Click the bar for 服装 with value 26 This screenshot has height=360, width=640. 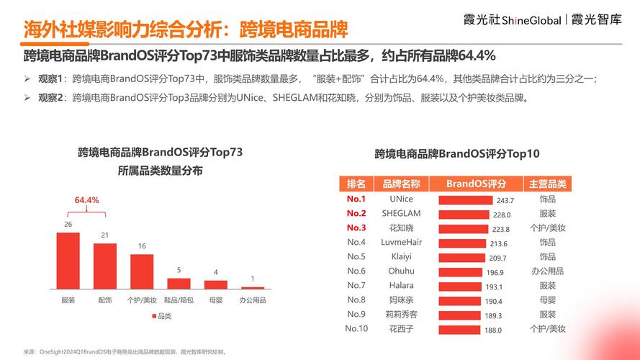pyautogui.click(x=68, y=261)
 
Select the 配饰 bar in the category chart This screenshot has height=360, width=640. pyautogui.click(x=104, y=266)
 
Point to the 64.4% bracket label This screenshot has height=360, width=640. pyautogui.click(x=86, y=200)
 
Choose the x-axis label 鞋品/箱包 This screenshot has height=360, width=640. pyautogui.click(x=179, y=300)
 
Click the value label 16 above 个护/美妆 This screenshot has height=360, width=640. pyautogui.click(x=142, y=246)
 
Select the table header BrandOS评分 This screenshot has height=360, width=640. pyautogui.click(x=476, y=184)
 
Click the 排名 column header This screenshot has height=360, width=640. pyautogui.click(x=356, y=184)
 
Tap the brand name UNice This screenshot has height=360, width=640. pyautogui.click(x=401, y=199)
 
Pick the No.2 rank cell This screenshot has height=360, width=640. pyautogui.click(x=356, y=213)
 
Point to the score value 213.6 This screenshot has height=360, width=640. pyautogui.click(x=499, y=243)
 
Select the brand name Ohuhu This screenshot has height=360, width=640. pyautogui.click(x=401, y=271)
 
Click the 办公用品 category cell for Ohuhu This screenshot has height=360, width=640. pyautogui.click(x=547, y=271)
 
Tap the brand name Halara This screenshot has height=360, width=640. pyautogui.click(x=401, y=285)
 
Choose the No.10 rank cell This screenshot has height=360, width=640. pyautogui.click(x=356, y=328)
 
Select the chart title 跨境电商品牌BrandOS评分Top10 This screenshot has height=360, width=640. pyautogui.click(x=457, y=153)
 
